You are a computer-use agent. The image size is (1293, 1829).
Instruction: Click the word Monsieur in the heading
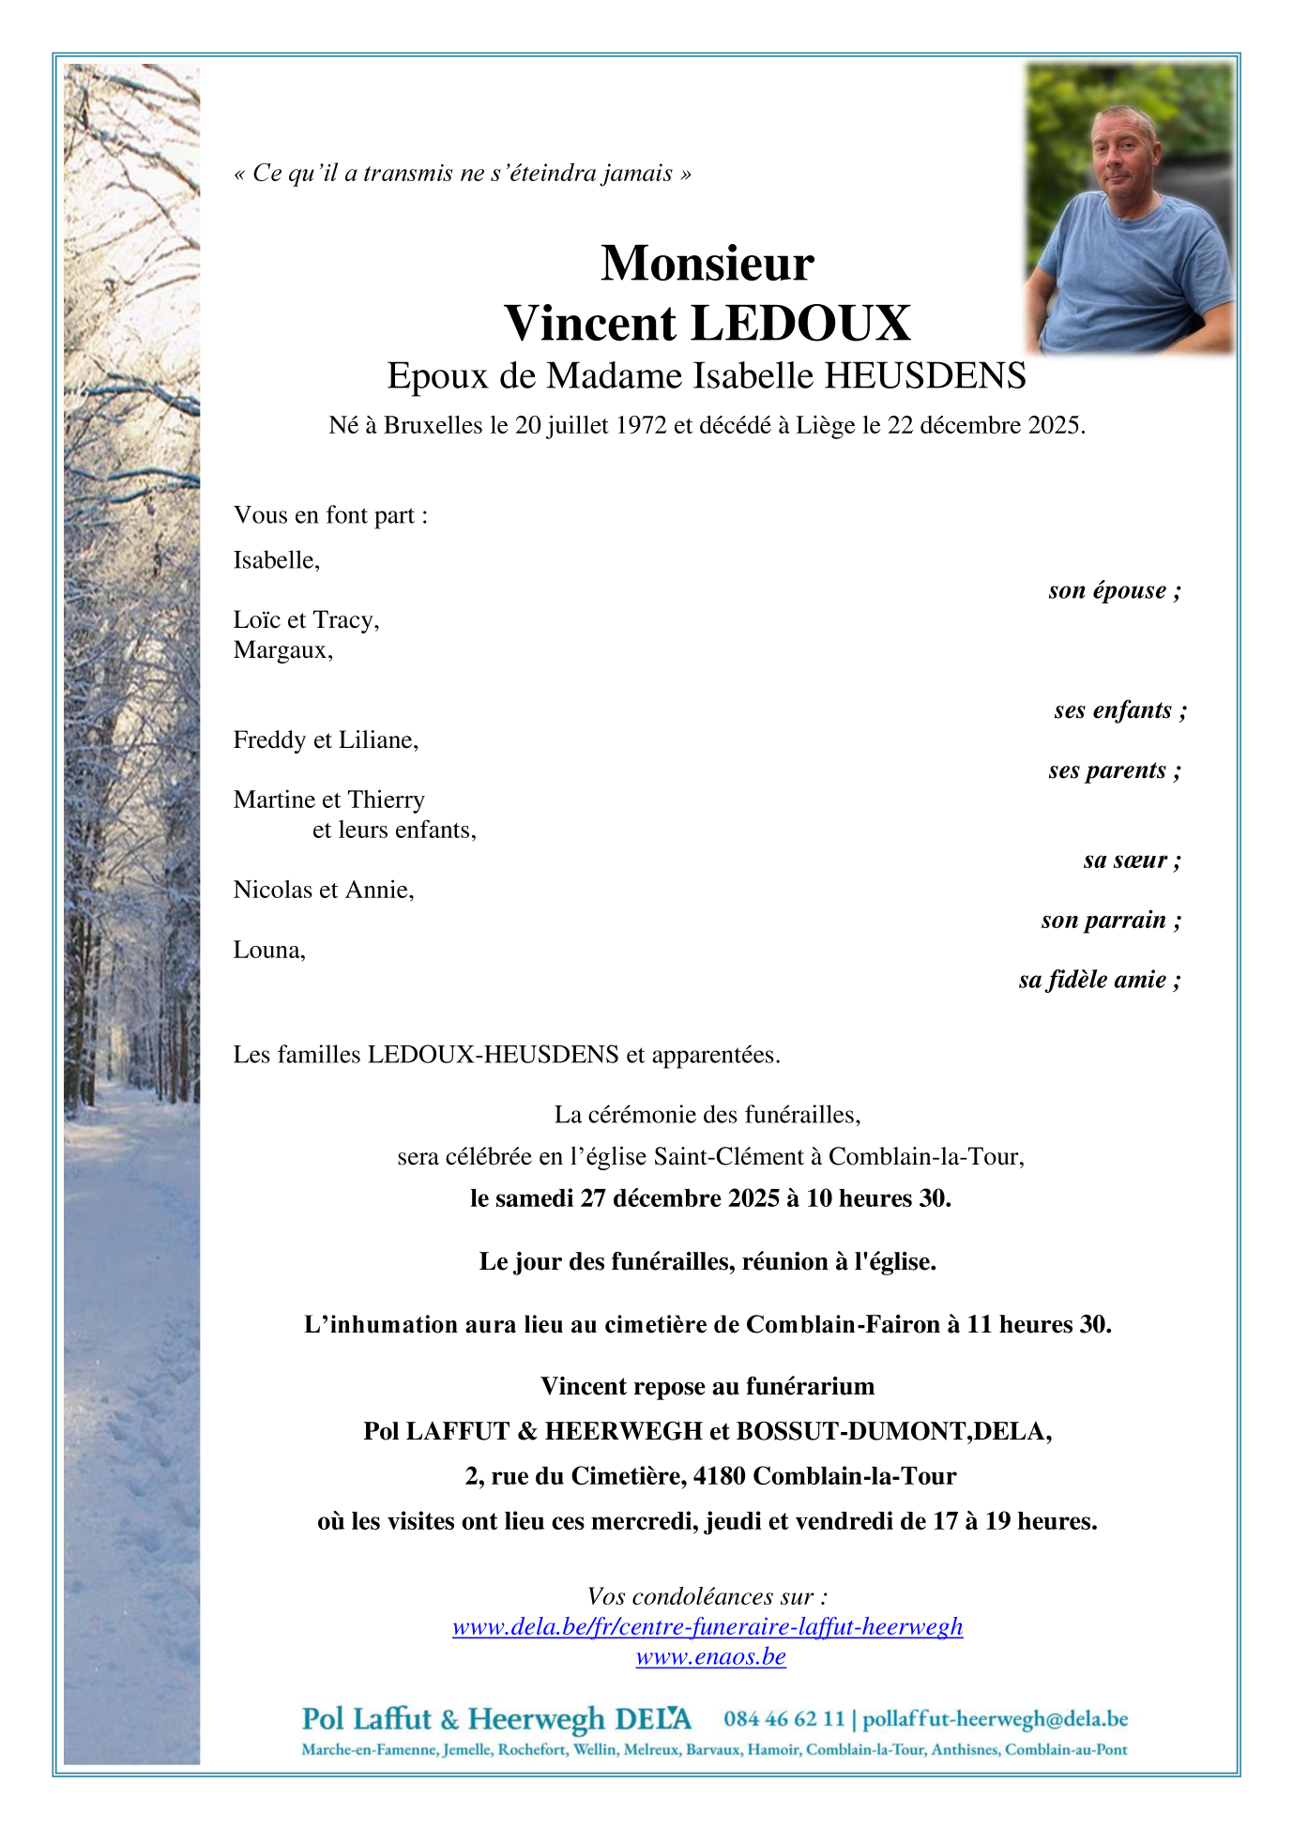tap(707, 264)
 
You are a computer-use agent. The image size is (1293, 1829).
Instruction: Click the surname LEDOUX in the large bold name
tap(800, 324)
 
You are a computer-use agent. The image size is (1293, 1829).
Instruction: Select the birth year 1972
tap(641, 426)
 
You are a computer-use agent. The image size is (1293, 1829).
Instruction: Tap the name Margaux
tap(282, 650)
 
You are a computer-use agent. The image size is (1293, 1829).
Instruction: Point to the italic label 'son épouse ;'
tap(1114, 590)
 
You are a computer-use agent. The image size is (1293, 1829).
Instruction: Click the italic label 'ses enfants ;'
tap(1119, 710)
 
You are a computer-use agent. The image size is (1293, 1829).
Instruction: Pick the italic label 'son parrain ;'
tap(1110, 920)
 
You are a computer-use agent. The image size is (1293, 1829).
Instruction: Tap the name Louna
tap(269, 950)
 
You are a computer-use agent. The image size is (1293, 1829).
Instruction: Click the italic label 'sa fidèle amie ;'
tap(1099, 980)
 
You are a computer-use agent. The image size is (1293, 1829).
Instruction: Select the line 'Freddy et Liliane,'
tap(326, 740)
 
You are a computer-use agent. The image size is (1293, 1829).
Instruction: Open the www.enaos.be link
tap(710, 1656)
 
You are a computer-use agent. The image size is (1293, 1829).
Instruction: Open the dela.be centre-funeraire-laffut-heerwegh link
tap(707, 1626)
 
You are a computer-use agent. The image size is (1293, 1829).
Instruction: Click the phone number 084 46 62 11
tap(783, 1719)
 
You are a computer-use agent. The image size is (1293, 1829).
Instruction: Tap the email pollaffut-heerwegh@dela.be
tap(995, 1719)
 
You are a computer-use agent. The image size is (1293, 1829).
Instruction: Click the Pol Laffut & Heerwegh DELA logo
tap(495, 1719)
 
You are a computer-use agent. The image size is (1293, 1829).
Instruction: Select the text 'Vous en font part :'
tap(330, 515)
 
